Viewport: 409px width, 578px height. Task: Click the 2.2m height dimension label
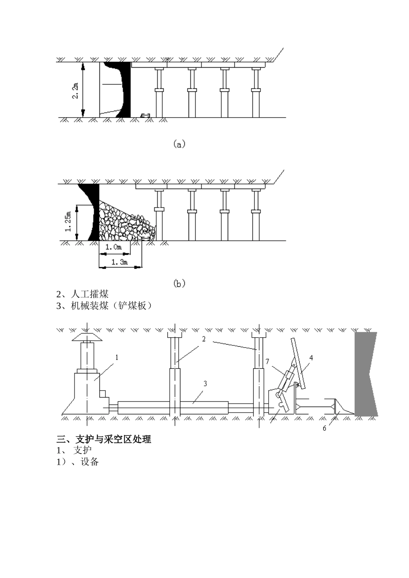point(75,90)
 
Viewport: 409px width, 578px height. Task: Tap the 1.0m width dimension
point(113,247)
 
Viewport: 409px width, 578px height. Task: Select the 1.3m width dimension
point(119,262)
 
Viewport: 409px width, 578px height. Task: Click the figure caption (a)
point(179,144)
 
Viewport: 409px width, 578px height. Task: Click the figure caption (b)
point(179,283)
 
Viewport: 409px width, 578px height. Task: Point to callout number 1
point(116,357)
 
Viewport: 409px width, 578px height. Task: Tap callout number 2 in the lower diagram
point(204,339)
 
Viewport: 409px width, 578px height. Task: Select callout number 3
point(205,383)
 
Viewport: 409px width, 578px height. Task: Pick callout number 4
point(311,357)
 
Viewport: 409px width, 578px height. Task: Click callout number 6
point(325,428)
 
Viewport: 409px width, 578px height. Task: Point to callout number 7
point(267,361)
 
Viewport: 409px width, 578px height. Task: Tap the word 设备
point(90,462)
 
